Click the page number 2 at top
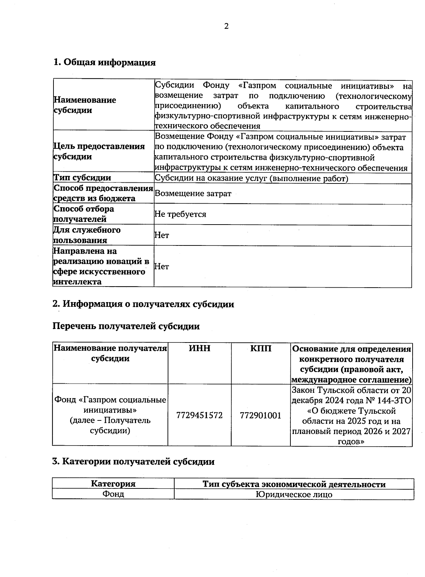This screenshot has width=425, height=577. (226, 26)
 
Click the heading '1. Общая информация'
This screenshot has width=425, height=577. (104, 63)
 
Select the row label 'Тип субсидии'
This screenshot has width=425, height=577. (82, 178)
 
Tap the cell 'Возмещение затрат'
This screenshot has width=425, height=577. (193, 193)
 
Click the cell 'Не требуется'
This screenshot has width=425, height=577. (180, 214)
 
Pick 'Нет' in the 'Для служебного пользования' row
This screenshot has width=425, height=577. (162, 235)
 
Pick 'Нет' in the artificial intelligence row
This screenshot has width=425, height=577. (162, 266)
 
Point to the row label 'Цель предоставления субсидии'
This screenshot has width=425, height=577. (99, 151)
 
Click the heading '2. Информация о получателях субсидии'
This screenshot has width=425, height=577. (143, 304)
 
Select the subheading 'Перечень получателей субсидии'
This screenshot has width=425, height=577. (126, 326)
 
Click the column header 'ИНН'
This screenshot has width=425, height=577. (199, 349)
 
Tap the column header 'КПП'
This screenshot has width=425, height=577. (261, 349)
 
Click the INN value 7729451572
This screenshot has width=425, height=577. (199, 415)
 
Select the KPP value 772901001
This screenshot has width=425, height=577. (261, 415)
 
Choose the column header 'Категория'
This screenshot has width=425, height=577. (113, 484)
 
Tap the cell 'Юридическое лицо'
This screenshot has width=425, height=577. (294, 494)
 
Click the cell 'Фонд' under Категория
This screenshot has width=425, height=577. (113, 494)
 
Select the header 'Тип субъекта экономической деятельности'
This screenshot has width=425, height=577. (294, 484)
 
